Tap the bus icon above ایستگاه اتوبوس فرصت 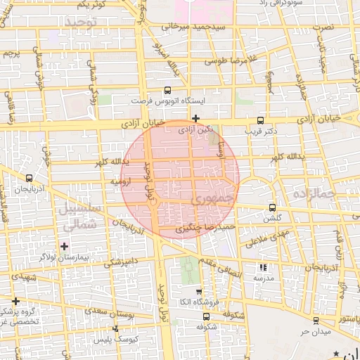(167, 90)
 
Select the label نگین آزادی (195, 130)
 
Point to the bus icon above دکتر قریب (261, 120)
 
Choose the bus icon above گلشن (273, 207)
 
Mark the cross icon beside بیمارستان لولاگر (65, 246)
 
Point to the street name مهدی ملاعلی (264, 238)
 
